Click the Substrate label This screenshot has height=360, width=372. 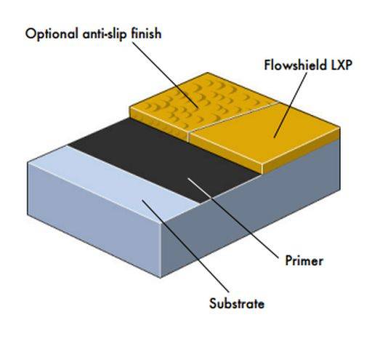coord(237,303)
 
